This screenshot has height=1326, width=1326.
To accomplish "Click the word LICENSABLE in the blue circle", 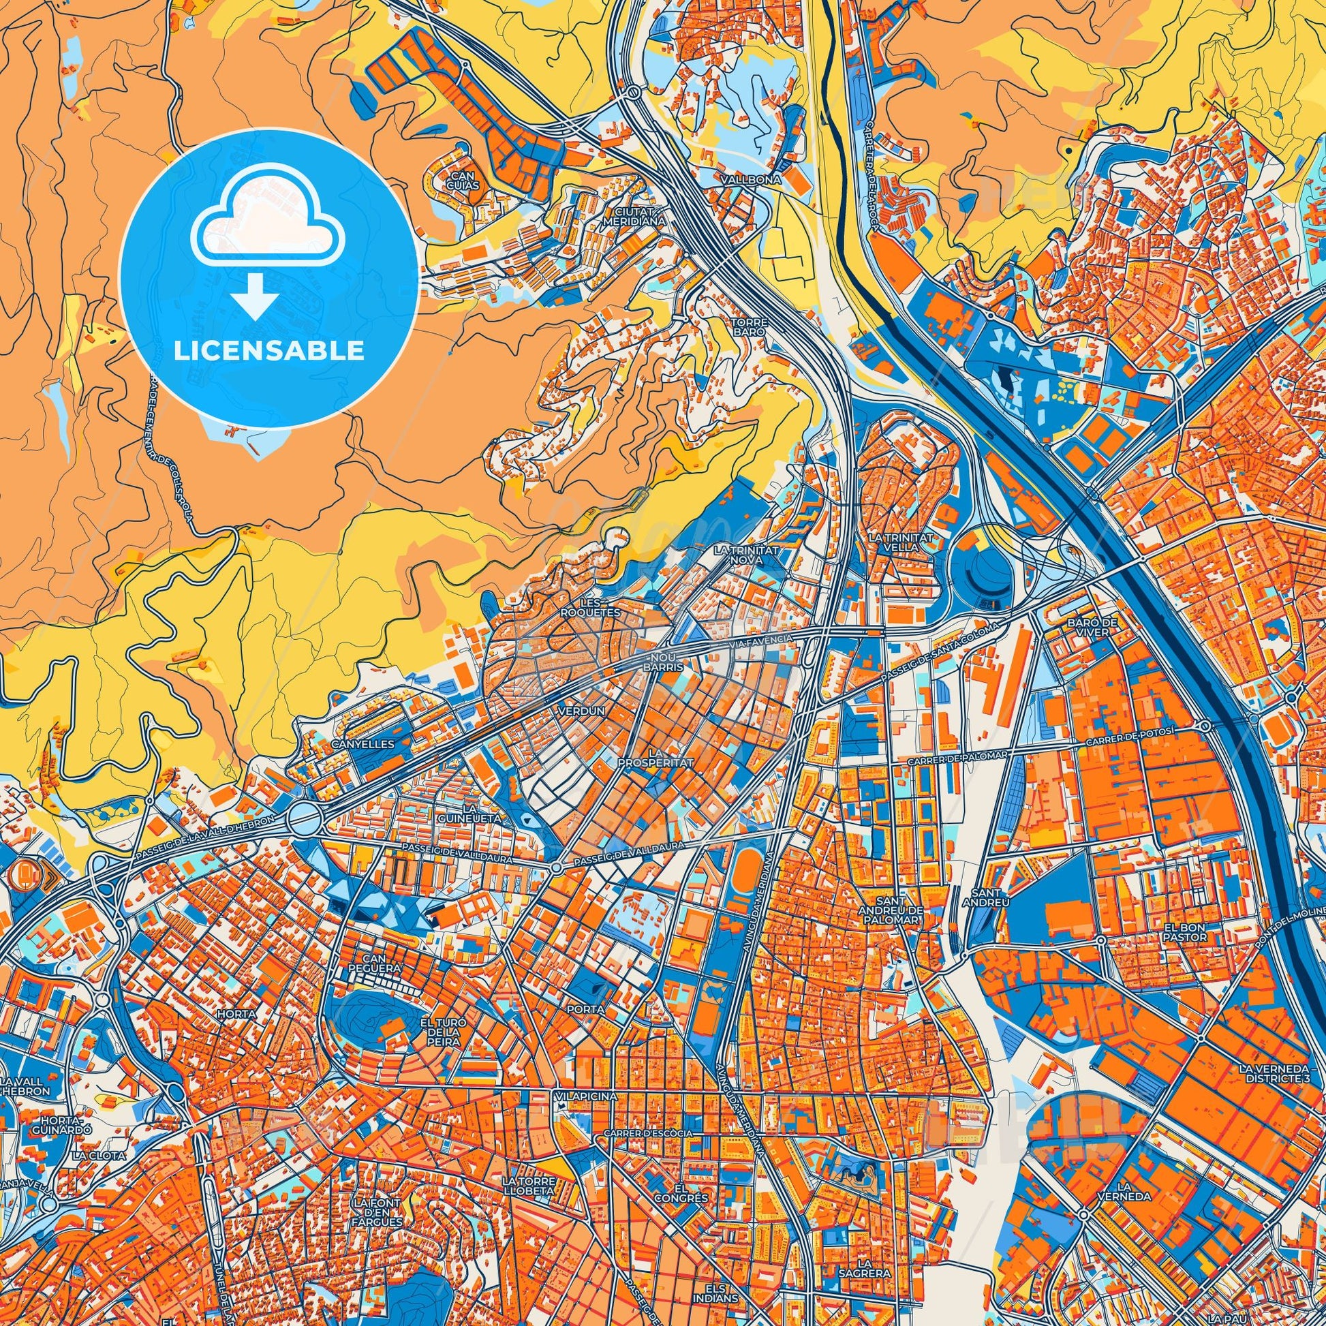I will (x=268, y=351).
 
